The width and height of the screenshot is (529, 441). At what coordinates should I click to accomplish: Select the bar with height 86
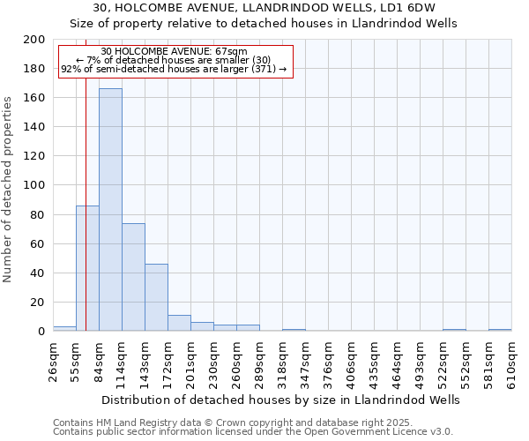[x=87, y=268]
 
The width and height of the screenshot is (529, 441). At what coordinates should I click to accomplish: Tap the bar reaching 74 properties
[x=133, y=277]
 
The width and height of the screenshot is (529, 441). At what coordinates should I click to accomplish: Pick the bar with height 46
[x=156, y=297]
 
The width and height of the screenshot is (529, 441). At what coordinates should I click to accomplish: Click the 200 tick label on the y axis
[x=34, y=40]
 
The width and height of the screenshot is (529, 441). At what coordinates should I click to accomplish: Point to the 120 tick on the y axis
[x=34, y=156]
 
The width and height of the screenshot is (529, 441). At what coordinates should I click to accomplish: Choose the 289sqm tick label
[x=259, y=362]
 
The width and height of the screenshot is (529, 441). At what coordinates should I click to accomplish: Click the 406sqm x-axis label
[x=351, y=362]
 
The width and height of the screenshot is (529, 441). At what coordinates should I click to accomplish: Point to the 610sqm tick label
[x=511, y=362]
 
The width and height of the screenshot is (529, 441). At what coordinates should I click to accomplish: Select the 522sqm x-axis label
[x=443, y=362]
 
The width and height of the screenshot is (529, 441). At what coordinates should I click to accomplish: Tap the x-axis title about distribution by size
[x=281, y=400]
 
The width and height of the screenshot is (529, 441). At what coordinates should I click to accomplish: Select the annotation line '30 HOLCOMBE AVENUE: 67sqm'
[x=174, y=52]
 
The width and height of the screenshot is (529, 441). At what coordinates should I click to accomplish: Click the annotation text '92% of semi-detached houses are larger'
[x=174, y=69]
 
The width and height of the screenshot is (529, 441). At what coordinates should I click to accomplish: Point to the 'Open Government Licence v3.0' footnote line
[x=253, y=431]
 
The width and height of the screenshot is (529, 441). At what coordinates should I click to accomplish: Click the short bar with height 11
[x=179, y=323]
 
